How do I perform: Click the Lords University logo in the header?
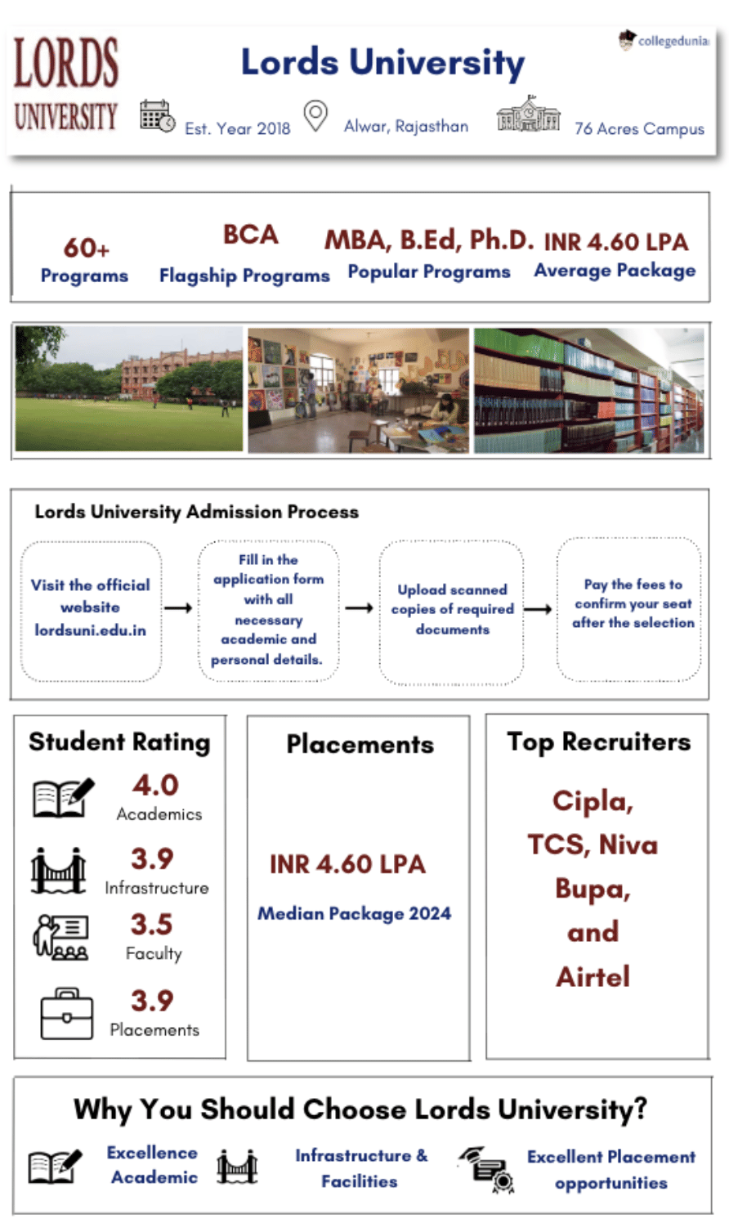[x=65, y=84]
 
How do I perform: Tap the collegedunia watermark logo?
[x=663, y=40]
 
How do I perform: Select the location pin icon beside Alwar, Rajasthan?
[x=315, y=115]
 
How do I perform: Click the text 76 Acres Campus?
[x=639, y=128]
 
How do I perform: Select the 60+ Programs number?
[x=86, y=247]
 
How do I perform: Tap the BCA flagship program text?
[x=250, y=235]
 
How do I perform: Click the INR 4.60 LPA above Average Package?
[x=615, y=242]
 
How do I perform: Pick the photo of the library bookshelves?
[x=588, y=390]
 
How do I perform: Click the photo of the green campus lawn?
[x=129, y=390]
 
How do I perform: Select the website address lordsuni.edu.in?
[x=90, y=630]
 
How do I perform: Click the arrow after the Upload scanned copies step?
[x=537, y=609]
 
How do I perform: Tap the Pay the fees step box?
[x=629, y=609]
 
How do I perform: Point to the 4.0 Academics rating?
[x=155, y=786]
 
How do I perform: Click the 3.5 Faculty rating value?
[x=151, y=925]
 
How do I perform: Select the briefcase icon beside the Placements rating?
[x=66, y=1014]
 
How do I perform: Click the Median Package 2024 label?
[x=354, y=913]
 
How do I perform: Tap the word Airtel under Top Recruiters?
[x=593, y=976]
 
